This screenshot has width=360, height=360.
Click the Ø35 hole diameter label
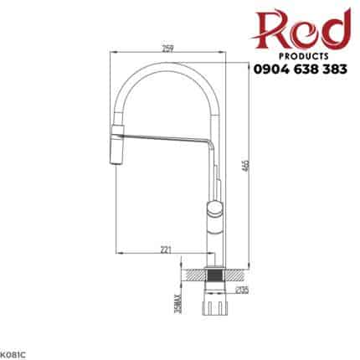tap(242, 290)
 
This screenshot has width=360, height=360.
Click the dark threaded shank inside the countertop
tap(214, 273)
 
